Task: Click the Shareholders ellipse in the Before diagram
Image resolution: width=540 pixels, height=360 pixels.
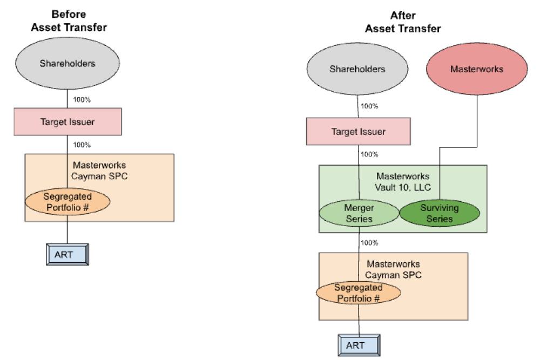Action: coord(67,64)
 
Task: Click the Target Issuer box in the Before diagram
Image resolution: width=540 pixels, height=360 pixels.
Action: coord(67,121)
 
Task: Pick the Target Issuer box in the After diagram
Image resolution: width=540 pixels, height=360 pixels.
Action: coord(359,132)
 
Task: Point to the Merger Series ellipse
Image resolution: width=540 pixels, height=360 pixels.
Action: coord(359,213)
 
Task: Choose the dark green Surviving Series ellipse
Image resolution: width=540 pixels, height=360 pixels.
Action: coord(440,213)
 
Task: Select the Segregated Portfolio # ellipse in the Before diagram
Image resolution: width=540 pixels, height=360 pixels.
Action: coord(67,202)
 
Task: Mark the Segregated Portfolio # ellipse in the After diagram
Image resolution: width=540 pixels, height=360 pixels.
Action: coord(359,293)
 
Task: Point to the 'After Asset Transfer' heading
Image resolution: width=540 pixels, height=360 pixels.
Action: coord(402,22)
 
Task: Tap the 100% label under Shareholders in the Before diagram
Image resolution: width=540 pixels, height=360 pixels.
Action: coord(81,100)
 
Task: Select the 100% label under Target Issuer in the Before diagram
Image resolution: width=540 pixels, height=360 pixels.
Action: coord(81,145)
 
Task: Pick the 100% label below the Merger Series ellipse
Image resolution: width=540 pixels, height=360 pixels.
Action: coord(369,243)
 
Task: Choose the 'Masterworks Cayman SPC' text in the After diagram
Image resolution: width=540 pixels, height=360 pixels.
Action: coord(394,269)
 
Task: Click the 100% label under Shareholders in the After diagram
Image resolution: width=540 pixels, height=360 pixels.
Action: coord(369,106)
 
